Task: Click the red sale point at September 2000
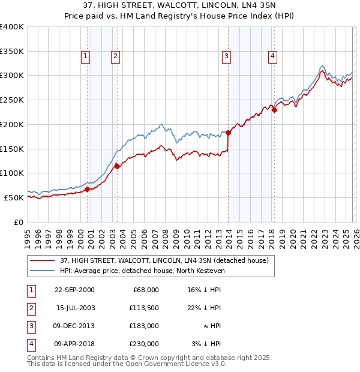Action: (87, 189)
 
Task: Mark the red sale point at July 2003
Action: (117, 167)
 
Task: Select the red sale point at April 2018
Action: (274, 110)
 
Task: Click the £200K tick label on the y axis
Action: (11, 124)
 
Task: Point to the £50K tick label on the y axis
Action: (13, 197)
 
